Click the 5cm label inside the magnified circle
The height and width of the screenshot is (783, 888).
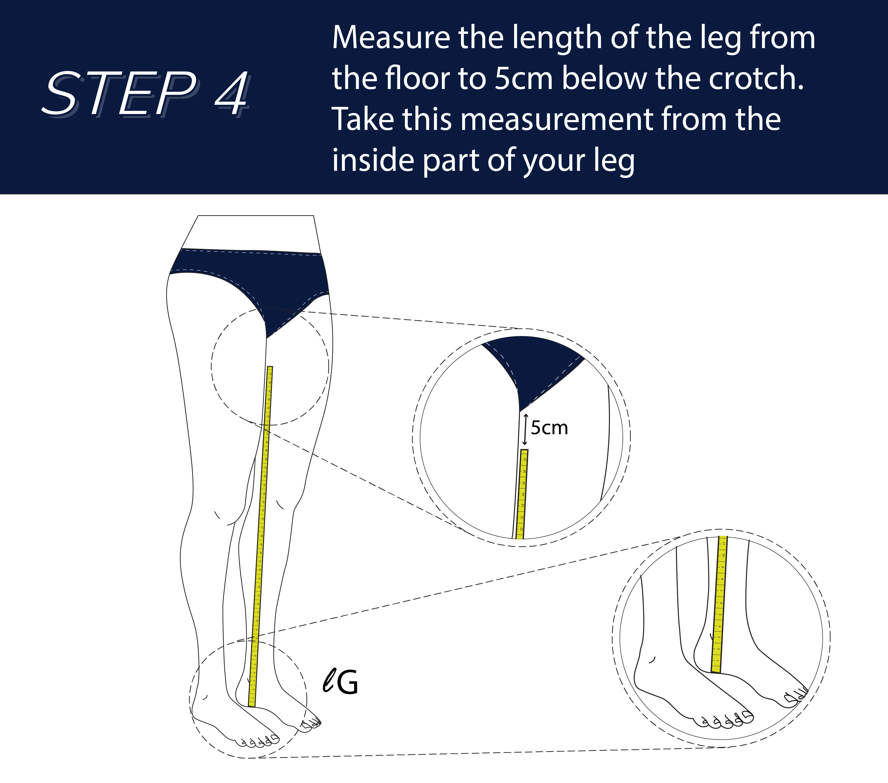[x=549, y=428]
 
